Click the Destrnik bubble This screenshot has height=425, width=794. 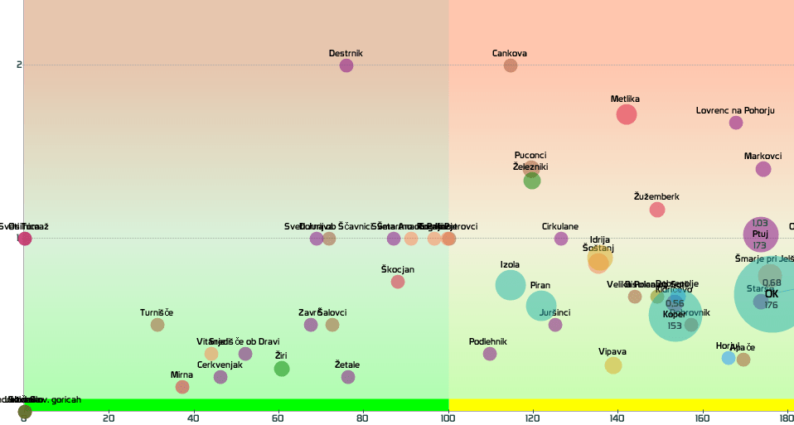click(346, 65)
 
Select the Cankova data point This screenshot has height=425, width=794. click(511, 65)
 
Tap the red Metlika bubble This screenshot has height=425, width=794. click(627, 114)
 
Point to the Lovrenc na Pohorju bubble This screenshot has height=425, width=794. click(736, 123)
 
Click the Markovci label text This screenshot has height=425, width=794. click(763, 156)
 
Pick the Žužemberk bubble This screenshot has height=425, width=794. click(657, 210)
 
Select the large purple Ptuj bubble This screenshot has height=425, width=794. click(760, 234)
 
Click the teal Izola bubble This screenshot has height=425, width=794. click(511, 285)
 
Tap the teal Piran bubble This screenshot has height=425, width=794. click(541, 306)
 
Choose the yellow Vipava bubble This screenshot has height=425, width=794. click(613, 365)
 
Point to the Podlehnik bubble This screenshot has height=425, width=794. click(490, 354)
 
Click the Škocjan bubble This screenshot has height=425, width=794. click(398, 282)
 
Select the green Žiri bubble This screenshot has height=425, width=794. click(282, 369)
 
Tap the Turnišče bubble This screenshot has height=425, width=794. click(157, 325)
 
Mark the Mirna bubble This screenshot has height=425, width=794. click(182, 387)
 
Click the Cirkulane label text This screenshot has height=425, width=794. click(560, 226)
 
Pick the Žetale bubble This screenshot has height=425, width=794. click(348, 377)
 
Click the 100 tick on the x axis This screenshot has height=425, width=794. click(448, 418)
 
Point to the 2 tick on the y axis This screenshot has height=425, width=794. click(19, 65)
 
